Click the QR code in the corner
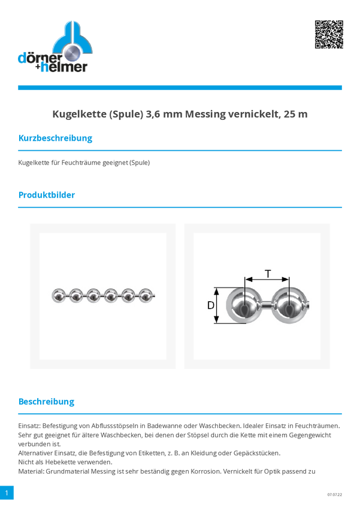pyautogui.click(x=329, y=34)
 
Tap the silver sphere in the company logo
pyautogui.click(x=72, y=53)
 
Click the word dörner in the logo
pyautogui.click(x=40, y=58)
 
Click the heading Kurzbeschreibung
pyautogui.click(x=55, y=138)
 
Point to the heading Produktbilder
pyautogui.click(x=46, y=195)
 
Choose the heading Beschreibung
pyautogui.click(x=46, y=402)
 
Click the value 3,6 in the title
pyautogui.click(x=153, y=114)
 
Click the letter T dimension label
pyautogui.click(x=268, y=274)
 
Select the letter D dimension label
pyautogui.click(x=211, y=305)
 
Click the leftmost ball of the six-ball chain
pyautogui.click(x=59, y=296)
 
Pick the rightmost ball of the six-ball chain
pyautogui.click(x=146, y=296)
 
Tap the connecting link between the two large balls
pyautogui.click(x=266, y=305)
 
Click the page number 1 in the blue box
pyautogui.click(x=7, y=492)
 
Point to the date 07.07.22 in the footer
pyautogui.click(x=334, y=495)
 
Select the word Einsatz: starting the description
pyautogui.click(x=29, y=426)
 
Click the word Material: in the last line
pyautogui.click(x=31, y=471)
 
